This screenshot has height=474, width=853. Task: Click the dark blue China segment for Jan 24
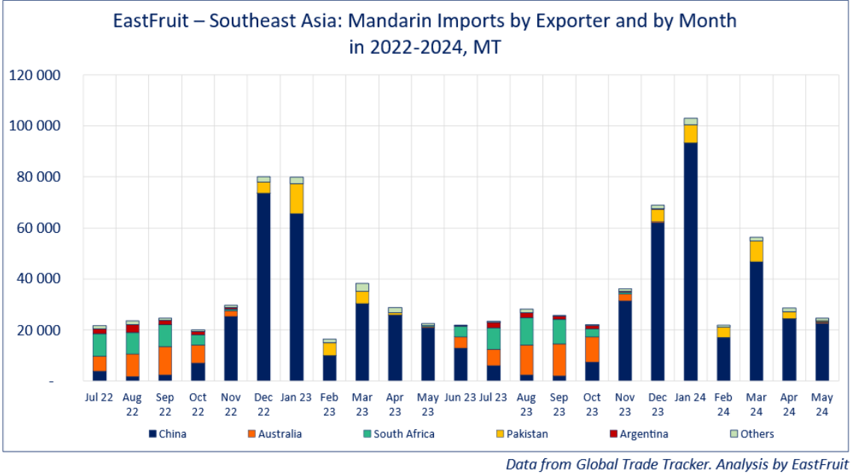pyautogui.click(x=691, y=262)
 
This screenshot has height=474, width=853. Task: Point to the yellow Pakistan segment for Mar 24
pyautogui.click(x=756, y=251)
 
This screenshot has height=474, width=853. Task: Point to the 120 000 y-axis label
pyautogui.click(x=35, y=76)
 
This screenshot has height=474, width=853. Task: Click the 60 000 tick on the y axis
pyautogui.click(x=38, y=228)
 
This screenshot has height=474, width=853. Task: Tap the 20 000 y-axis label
pyautogui.click(x=38, y=330)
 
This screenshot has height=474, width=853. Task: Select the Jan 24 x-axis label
pyautogui.click(x=691, y=397)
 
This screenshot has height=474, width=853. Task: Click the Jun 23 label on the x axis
pyautogui.click(x=461, y=397)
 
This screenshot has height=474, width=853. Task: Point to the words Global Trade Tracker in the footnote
pyautogui.click(x=631, y=464)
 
